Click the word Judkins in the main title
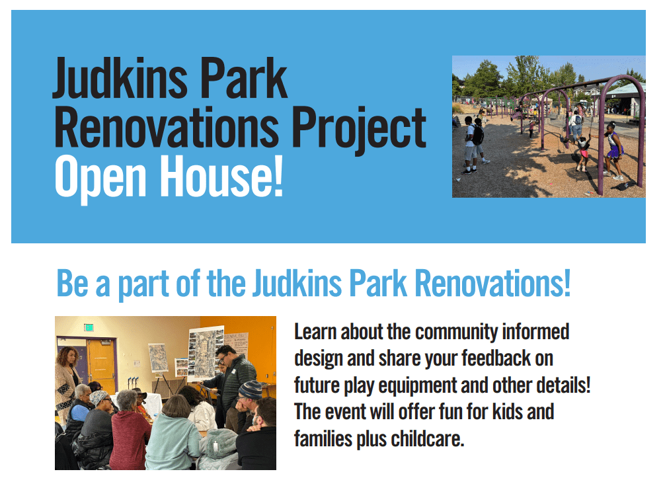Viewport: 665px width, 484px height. [x=120, y=79]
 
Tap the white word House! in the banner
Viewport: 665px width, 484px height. [x=221, y=176]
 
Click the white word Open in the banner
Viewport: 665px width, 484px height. [x=100, y=179]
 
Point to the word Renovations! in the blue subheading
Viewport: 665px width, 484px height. [x=492, y=283]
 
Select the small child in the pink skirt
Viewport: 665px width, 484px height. [x=583, y=153]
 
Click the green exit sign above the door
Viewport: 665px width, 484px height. [x=89, y=327]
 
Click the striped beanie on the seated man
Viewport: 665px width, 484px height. [x=251, y=389]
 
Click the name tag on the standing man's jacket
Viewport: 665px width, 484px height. [x=234, y=371]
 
